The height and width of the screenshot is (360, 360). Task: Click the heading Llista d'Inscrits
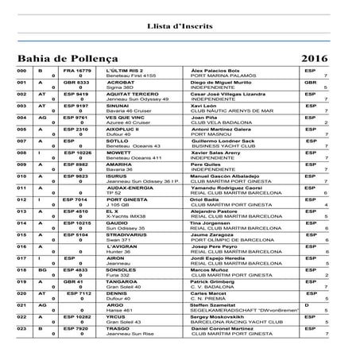click(180, 25)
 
